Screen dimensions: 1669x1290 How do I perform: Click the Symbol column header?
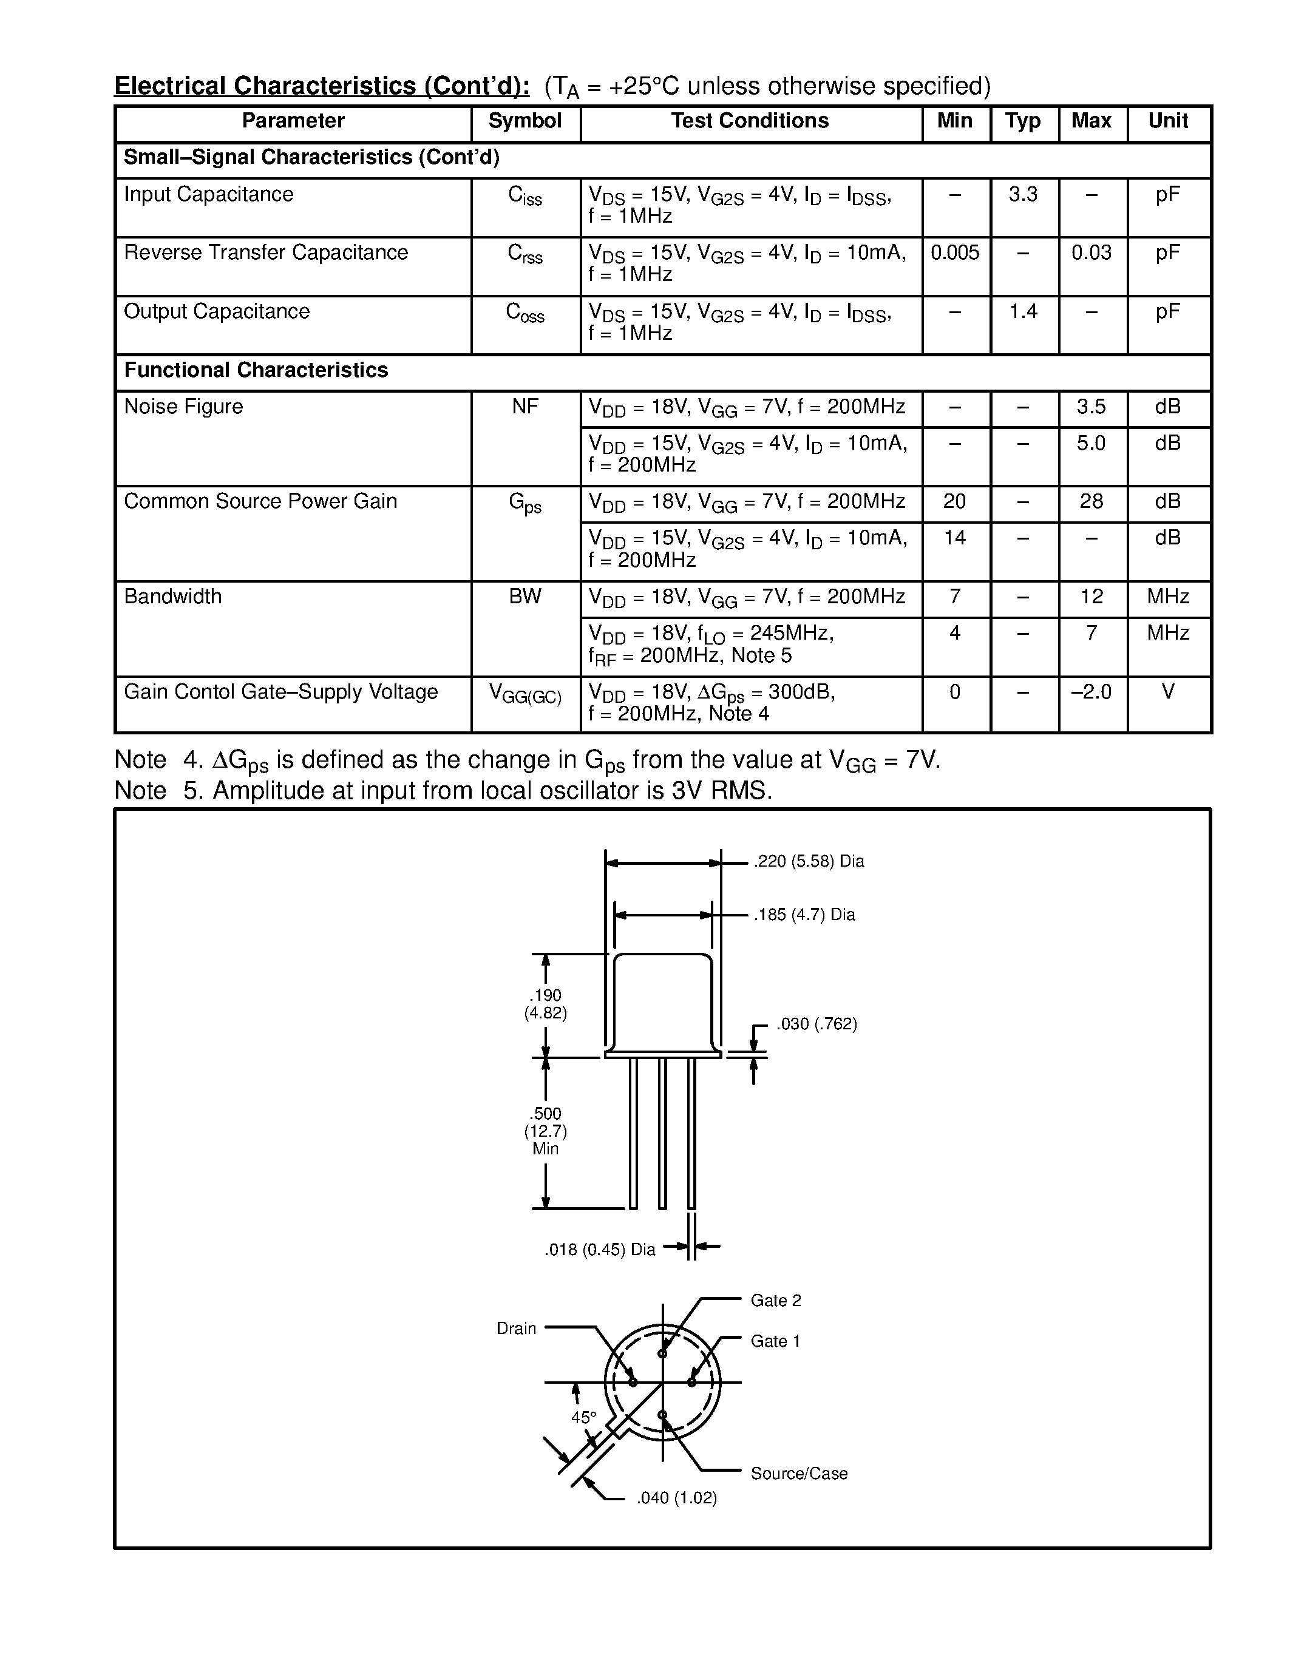click(524, 121)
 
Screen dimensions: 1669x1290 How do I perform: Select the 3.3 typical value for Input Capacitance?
click(1022, 194)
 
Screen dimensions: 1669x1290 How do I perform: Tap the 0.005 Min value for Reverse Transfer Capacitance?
click(954, 253)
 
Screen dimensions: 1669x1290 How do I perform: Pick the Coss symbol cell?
click(525, 313)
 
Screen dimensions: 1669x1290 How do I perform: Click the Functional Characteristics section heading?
click(256, 371)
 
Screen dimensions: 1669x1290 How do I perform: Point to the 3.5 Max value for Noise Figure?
click(1090, 407)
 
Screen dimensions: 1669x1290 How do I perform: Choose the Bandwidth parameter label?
click(173, 596)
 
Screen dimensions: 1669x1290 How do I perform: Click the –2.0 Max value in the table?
click(1090, 692)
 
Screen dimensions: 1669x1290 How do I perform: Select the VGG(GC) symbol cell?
click(525, 694)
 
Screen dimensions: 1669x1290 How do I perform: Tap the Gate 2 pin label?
click(776, 1300)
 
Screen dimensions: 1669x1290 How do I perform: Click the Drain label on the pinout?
click(517, 1328)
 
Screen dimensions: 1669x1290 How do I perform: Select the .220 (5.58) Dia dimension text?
click(809, 861)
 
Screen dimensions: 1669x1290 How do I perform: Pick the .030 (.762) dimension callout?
click(816, 1024)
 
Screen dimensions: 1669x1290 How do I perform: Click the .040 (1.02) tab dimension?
click(676, 1498)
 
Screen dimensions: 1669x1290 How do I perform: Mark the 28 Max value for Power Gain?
click(1090, 501)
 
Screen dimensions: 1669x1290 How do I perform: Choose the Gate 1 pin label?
click(775, 1341)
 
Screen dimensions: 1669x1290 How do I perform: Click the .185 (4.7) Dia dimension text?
click(804, 915)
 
